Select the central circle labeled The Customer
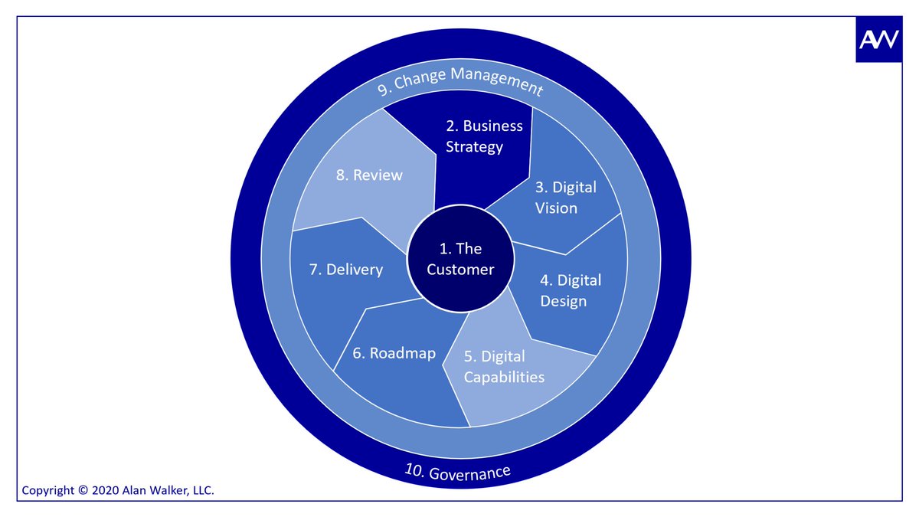[x=460, y=260]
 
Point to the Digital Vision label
[x=565, y=197]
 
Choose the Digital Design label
[x=571, y=290]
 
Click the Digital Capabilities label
[x=504, y=366]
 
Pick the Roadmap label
[x=394, y=353]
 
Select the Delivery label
[x=345, y=270]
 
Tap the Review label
[x=368, y=175]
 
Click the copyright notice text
[x=118, y=490]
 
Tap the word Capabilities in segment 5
[x=504, y=377]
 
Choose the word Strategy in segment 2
[x=475, y=146]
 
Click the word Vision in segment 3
[x=557, y=208]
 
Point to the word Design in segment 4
[x=564, y=300]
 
